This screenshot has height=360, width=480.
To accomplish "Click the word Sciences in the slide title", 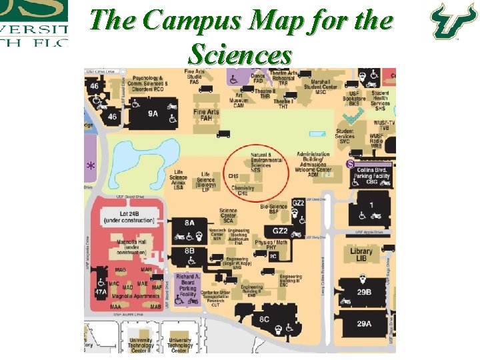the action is tap(241, 53).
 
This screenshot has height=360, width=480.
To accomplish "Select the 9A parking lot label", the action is tap(153, 113).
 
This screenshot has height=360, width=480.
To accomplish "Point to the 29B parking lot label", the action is tap(364, 292).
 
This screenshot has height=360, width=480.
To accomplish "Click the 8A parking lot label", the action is tap(190, 223).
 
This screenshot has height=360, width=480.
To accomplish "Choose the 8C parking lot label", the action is tap(265, 319).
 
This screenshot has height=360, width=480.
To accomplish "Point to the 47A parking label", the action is tap(101, 291).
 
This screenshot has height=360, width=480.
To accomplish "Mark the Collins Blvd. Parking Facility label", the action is tap(372, 173).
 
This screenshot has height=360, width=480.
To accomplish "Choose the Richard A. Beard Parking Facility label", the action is tap(188, 285).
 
